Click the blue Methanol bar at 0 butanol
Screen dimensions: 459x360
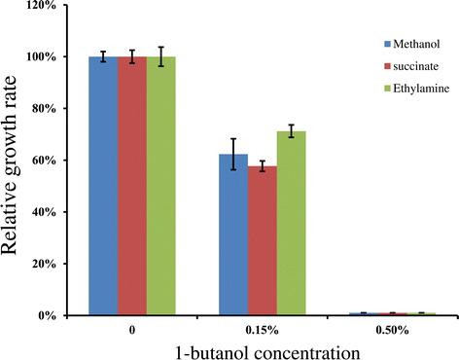(x=103, y=186)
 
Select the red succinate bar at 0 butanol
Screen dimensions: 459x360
(x=132, y=186)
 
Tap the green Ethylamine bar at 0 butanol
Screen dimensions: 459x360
(x=161, y=186)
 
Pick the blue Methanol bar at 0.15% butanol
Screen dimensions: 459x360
(x=233, y=234)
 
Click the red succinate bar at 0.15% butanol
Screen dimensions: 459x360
(x=263, y=240)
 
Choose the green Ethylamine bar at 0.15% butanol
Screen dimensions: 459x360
(x=292, y=223)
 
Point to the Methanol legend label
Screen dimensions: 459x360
(x=416, y=44)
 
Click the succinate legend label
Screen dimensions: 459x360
(x=416, y=66)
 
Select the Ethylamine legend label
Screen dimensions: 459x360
(x=421, y=89)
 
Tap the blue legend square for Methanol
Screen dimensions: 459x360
(x=387, y=44)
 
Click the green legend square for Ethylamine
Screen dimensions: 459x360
(x=387, y=89)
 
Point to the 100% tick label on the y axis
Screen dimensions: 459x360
(x=44, y=57)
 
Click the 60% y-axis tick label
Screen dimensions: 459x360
(x=47, y=161)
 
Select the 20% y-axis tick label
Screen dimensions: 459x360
(x=47, y=264)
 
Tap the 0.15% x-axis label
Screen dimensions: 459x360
(x=263, y=331)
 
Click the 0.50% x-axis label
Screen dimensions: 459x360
(x=392, y=331)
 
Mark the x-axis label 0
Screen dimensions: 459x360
(x=132, y=331)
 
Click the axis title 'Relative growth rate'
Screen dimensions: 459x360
(x=9, y=164)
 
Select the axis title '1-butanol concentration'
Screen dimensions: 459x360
(x=267, y=352)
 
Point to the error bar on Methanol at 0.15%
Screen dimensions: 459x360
(x=233, y=154)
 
